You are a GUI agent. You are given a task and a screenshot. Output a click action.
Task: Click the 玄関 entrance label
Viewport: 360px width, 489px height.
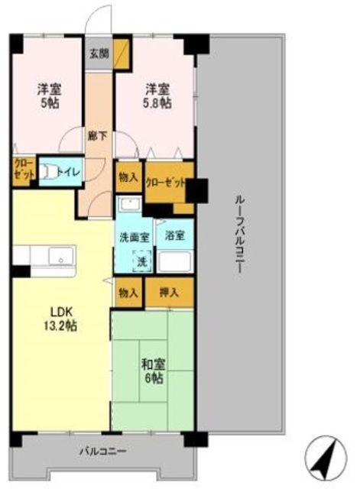(x=97, y=53)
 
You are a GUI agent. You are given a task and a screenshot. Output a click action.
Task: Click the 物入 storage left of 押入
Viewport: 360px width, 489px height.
(x=128, y=292)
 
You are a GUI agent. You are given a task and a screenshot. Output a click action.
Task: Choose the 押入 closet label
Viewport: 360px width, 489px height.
(x=168, y=292)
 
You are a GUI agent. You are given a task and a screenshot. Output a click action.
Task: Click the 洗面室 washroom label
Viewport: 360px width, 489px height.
(x=133, y=237)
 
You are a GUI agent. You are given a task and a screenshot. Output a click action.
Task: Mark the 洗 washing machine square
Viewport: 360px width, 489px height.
(x=141, y=260)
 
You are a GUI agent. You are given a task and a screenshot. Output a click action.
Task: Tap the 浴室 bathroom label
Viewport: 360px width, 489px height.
(x=174, y=237)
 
